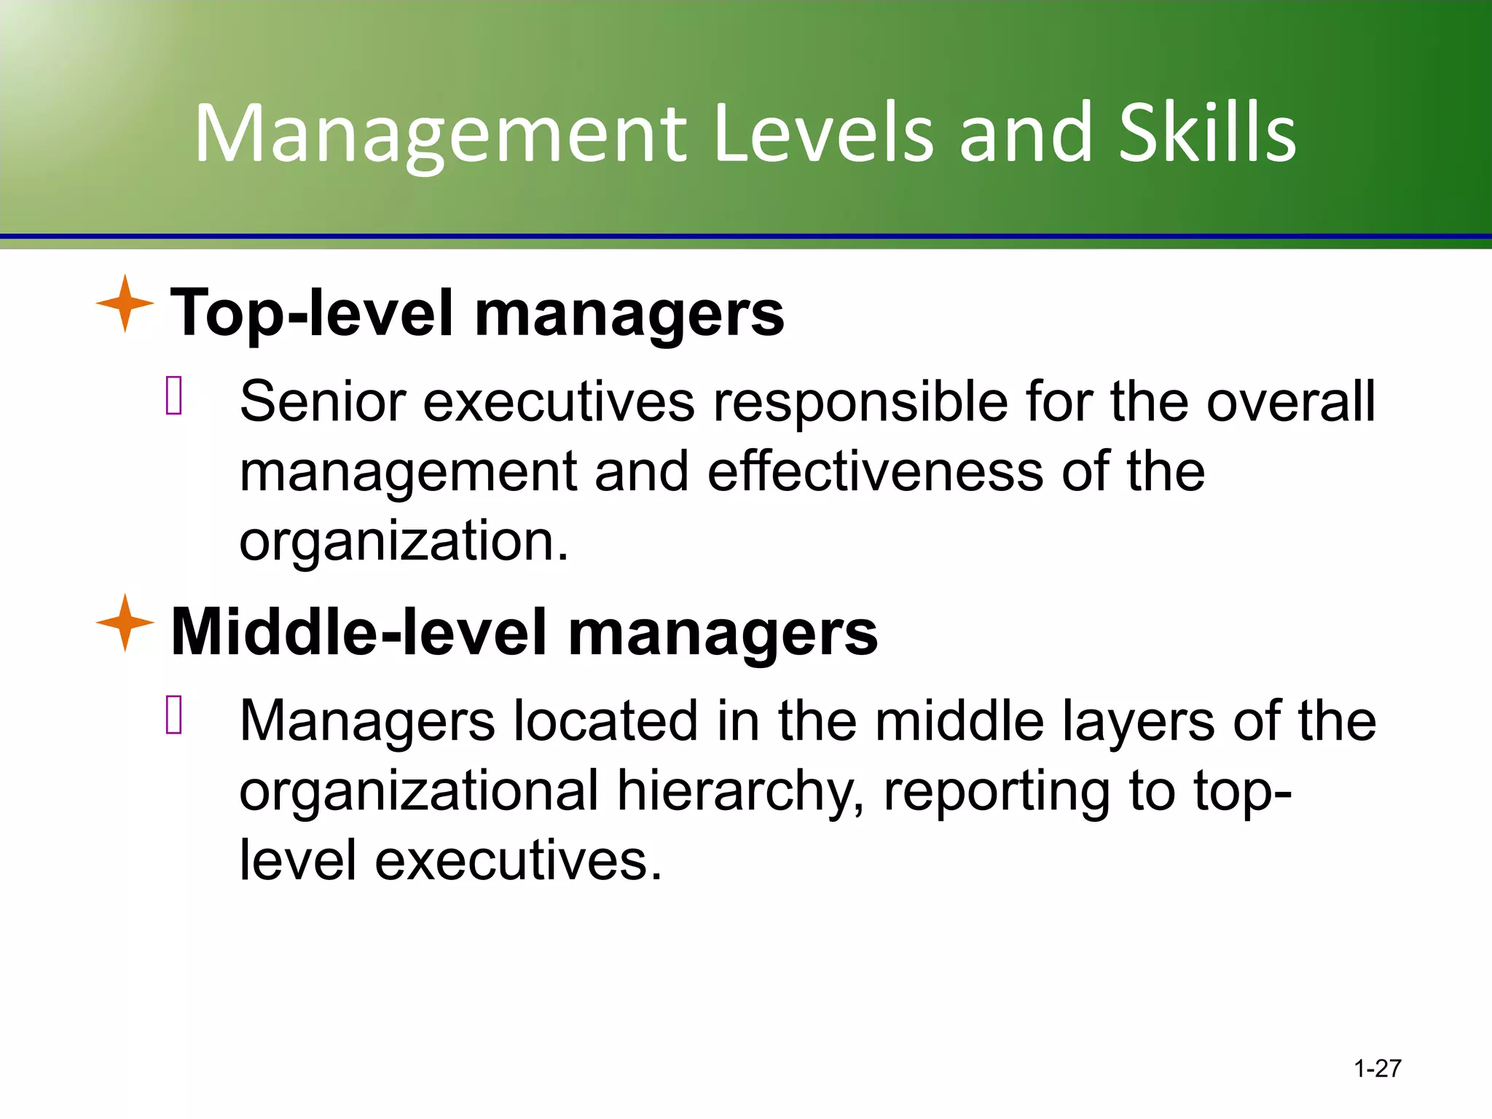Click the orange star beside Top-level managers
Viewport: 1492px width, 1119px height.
125,304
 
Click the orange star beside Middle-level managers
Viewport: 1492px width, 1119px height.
125,623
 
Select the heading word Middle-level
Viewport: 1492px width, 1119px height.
358,632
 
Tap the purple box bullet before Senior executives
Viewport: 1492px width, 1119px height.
174,396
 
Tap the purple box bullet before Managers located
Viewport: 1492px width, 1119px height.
174,715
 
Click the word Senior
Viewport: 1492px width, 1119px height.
322,401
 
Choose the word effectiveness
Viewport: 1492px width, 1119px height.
875,471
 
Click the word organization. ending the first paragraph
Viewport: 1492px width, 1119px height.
404,543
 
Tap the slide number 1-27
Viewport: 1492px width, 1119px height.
1377,1069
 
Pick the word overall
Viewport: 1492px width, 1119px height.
1290,401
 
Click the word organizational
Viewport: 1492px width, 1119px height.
419,791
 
